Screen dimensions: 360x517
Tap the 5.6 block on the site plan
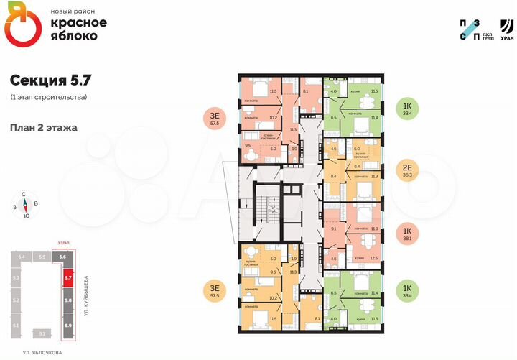pyautogui.click(x=62, y=257)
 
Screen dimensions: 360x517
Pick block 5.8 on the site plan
pyautogui.click(x=67, y=300)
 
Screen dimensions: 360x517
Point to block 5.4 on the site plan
pyautogui.click(x=22, y=257)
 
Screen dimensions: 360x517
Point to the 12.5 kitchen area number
pyautogui.click(x=373, y=258)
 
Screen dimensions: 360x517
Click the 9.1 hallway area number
pyautogui.click(x=333, y=229)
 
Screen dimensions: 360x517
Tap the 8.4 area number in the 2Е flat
pyautogui.click(x=333, y=175)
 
